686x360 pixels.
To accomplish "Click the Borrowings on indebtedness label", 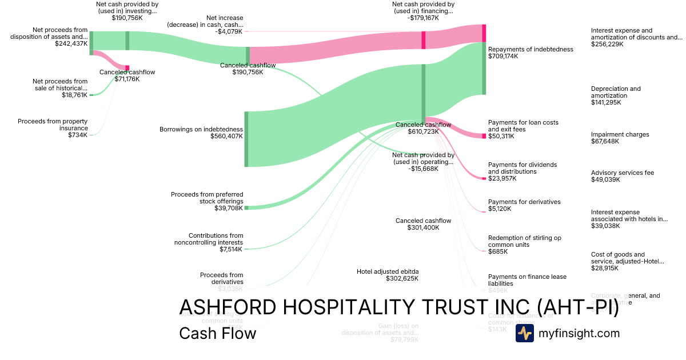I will [x=201, y=130].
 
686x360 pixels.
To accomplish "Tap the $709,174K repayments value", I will [x=503, y=57].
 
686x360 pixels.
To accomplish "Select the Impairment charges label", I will [x=620, y=135].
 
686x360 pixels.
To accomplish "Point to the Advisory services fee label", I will [x=622, y=173].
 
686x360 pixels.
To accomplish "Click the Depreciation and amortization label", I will [x=616, y=92].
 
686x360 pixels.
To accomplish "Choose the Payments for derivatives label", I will [x=524, y=202].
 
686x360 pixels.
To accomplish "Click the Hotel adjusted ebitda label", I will [x=388, y=272].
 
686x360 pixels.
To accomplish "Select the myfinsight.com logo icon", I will [x=524, y=333].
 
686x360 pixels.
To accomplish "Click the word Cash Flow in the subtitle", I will [x=217, y=333].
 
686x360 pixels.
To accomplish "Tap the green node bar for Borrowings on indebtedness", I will [x=246, y=139].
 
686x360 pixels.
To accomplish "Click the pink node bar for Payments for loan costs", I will [x=484, y=136].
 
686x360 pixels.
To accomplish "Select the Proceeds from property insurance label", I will [x=53, y=125].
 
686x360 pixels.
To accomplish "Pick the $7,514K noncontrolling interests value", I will [x=231, y=249].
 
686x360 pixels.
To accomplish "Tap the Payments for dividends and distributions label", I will [x=522, y=168].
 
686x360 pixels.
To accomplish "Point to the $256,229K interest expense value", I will [x=607, y=44].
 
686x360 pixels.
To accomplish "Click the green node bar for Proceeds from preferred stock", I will [x=246, y=208].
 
